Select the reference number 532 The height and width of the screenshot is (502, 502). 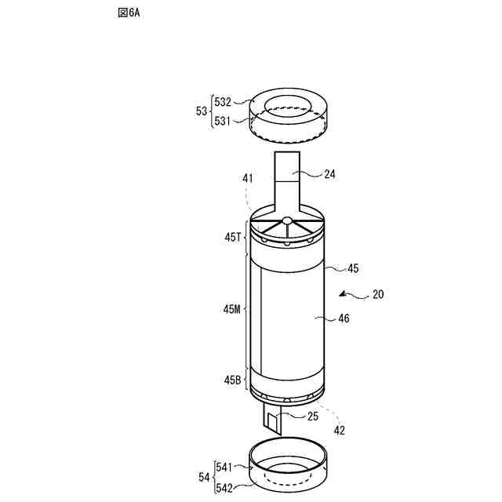tap(224, 101)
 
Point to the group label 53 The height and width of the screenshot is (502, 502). tap(202, 111)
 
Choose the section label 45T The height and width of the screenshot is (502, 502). tap(231, 237)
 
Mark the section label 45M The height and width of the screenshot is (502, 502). tap(231, 309)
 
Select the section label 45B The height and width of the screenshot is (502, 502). tap(231, 380)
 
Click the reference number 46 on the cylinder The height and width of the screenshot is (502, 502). tap(344, 318)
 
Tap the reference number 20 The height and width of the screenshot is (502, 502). tap(378, 295)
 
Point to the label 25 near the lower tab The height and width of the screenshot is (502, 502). tap(312, 417)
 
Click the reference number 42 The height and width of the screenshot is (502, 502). tap(339, 430)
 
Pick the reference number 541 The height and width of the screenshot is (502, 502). tap(224, 467)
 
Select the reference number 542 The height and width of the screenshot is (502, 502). tap(224, 486)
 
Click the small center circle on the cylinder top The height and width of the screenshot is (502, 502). tap(287, 221)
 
